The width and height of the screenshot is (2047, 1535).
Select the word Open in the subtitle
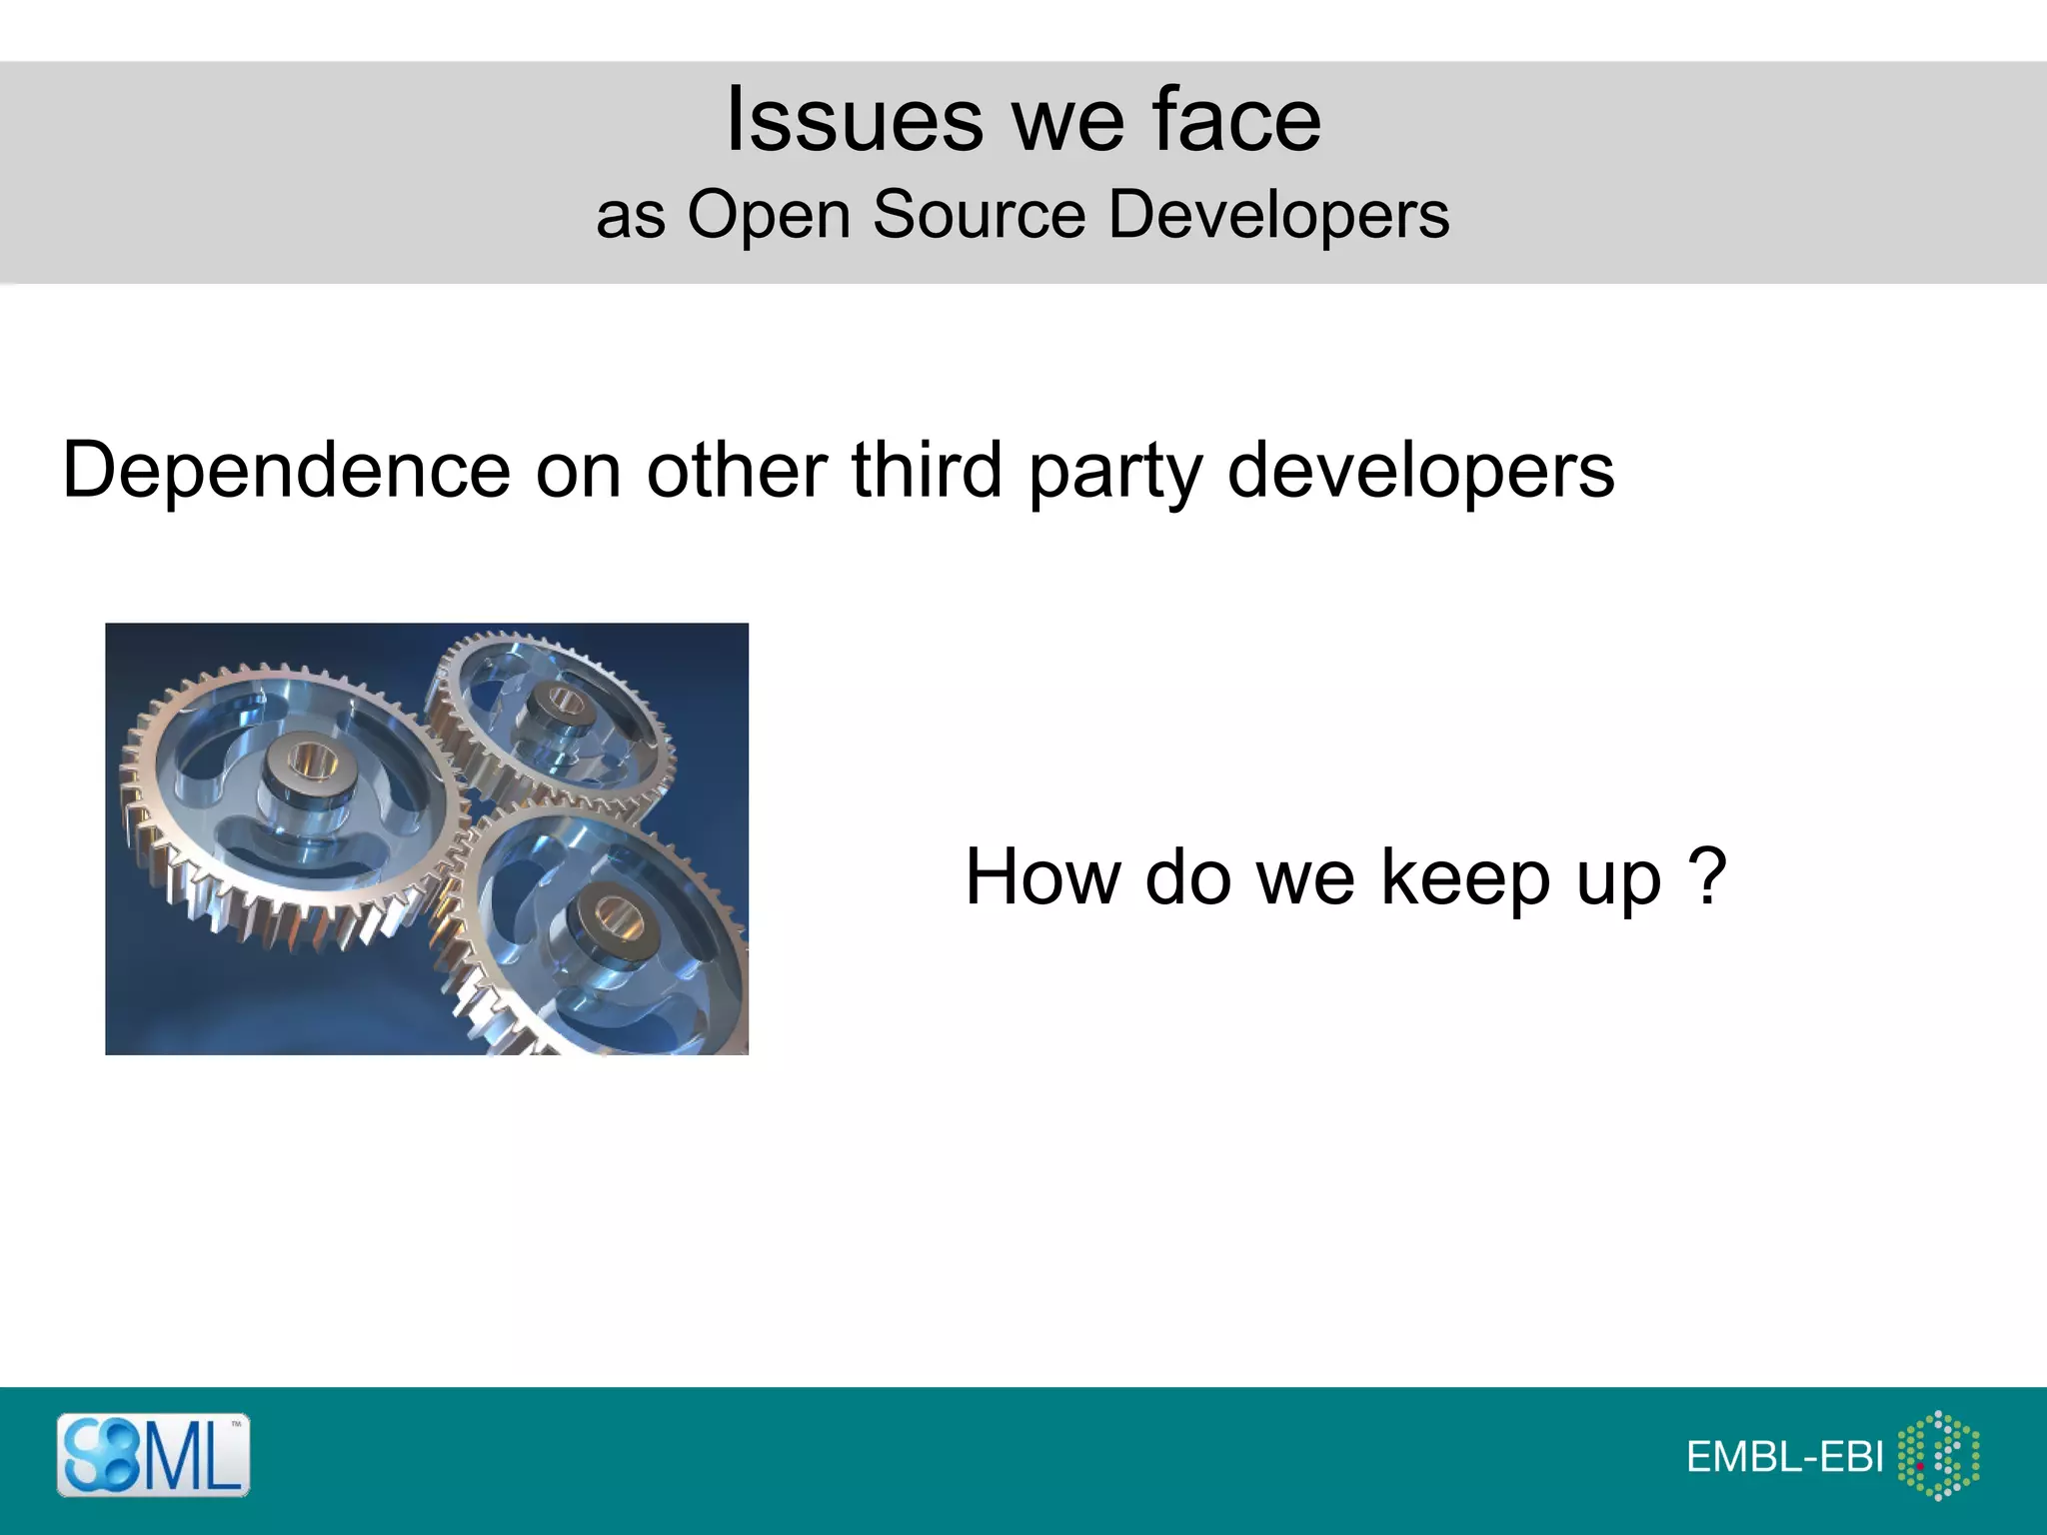768,215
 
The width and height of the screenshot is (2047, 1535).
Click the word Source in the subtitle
979,215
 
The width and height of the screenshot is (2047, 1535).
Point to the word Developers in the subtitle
1278,215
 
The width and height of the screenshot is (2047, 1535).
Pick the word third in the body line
927,470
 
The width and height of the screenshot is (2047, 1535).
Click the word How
1042,877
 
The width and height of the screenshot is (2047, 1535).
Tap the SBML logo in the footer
153,1454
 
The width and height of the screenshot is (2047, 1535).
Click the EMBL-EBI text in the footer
1785,1458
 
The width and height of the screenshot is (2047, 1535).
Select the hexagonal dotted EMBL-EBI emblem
1938,1455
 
